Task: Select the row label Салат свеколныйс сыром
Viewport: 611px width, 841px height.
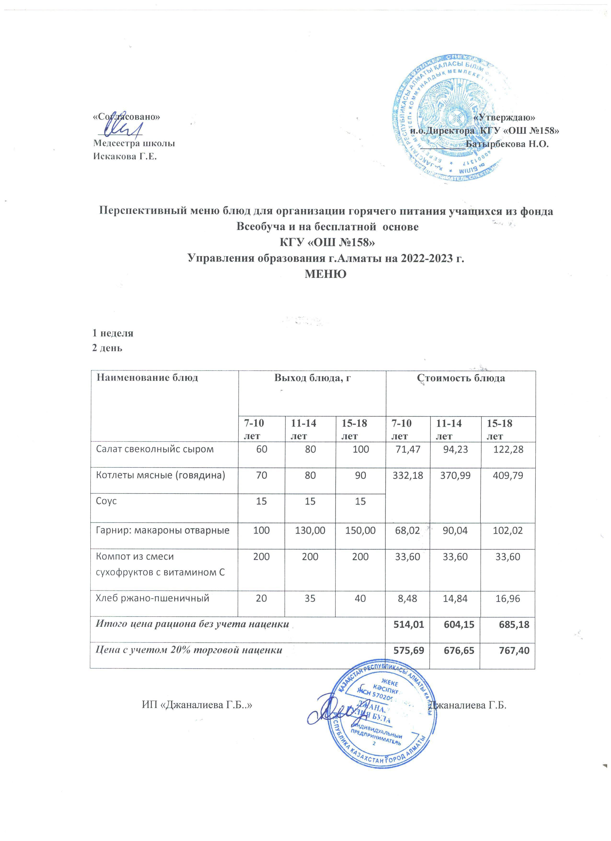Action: (x=155, y=450)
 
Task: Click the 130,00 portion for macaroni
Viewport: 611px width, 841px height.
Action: (x=310, y=530)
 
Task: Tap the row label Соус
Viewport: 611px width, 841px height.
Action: (x=107, y=501)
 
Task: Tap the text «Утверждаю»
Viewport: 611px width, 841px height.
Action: (x=505, y=117)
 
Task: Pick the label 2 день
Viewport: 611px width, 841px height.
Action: (x=107, y=348)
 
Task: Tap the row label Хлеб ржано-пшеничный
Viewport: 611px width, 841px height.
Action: (x=153, y=598)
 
